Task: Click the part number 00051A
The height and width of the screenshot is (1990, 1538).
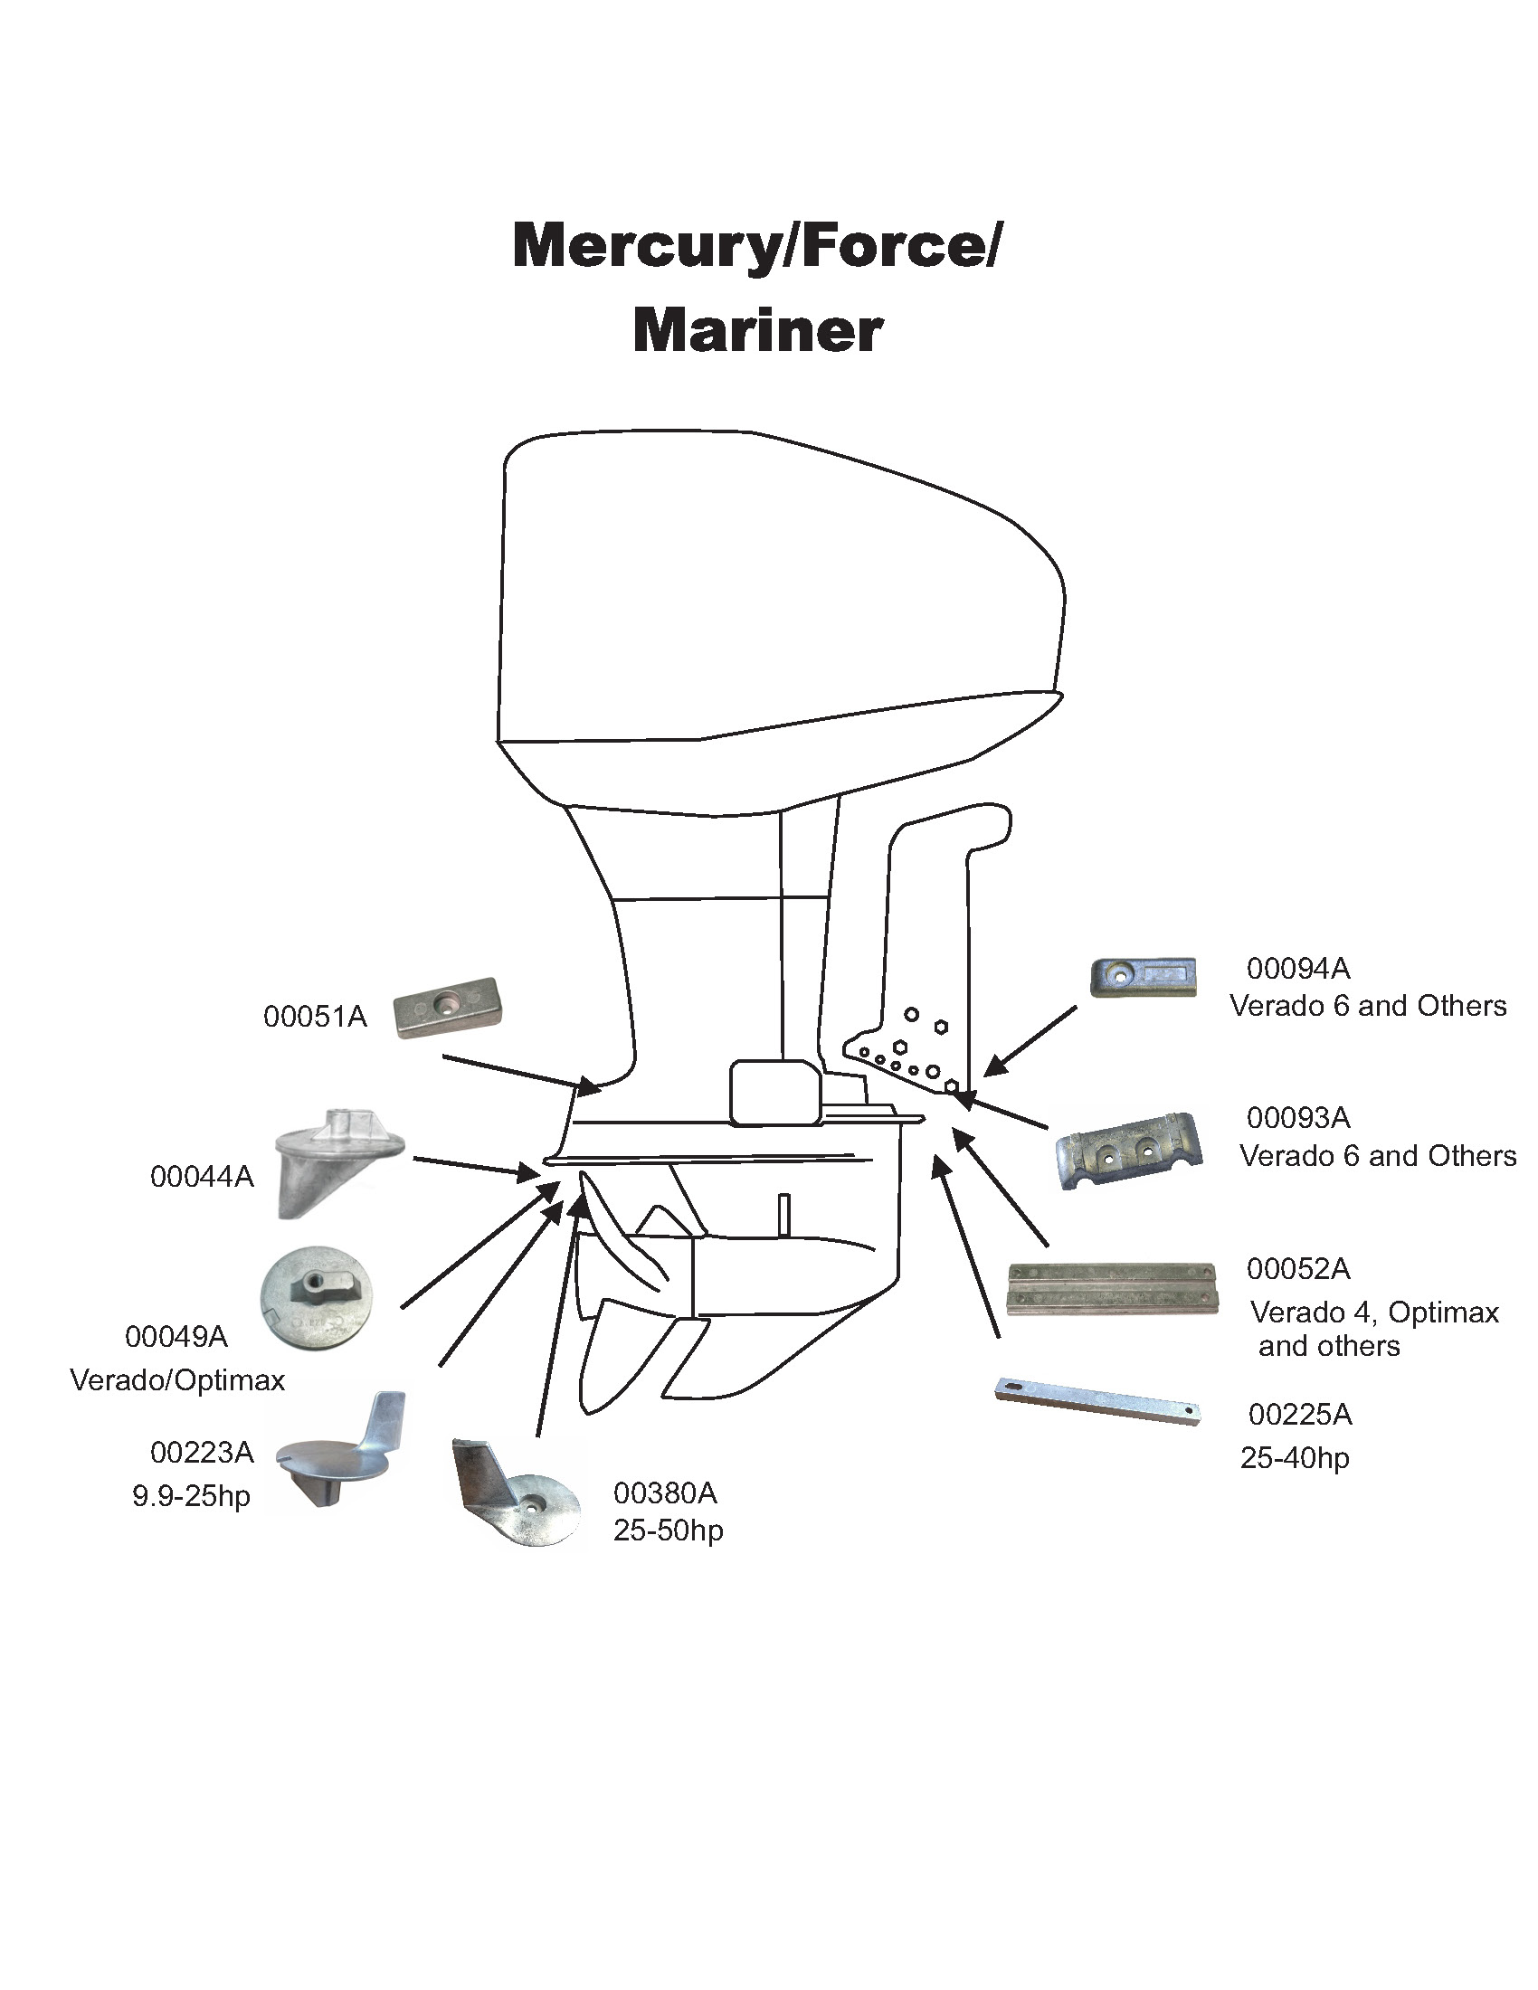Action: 314,1017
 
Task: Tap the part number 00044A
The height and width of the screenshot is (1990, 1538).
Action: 202,1177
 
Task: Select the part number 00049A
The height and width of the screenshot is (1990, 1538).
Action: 176,1337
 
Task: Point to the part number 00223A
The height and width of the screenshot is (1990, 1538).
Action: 202,1453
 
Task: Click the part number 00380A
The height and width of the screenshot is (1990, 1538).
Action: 665,1493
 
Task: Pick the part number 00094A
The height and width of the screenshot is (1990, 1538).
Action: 1297,969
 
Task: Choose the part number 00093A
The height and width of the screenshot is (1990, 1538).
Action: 1297,1118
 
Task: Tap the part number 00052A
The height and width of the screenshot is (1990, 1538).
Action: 1297,1269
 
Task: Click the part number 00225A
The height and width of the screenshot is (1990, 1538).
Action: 1299,1415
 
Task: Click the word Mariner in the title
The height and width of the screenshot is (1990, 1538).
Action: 757,331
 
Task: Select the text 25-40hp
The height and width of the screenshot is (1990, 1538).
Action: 1294,1459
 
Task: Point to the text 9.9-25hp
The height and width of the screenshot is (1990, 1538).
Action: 190,1496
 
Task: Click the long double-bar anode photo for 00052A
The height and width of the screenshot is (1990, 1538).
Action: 1112,1288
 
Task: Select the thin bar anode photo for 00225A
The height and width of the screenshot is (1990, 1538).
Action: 1097,1400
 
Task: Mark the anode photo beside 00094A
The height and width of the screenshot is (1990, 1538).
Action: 1143,977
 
